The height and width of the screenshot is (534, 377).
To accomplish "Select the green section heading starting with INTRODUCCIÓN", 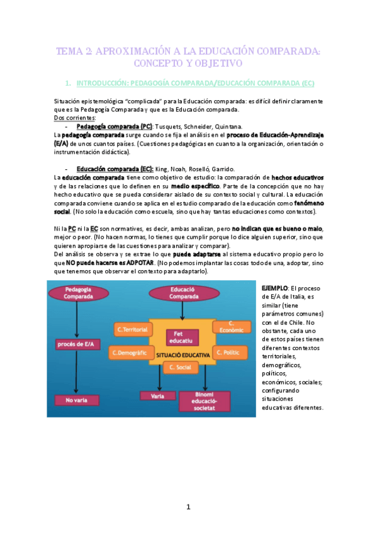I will click(195, 84).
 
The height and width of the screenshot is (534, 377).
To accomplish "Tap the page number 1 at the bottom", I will click(188, 507).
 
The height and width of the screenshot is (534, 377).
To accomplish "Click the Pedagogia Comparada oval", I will click(76, 294).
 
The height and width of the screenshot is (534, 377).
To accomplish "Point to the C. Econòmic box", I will click(231, 327).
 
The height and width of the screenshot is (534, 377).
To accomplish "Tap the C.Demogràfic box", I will click(128, 352).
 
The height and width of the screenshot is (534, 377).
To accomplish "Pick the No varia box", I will click(76, 399).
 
